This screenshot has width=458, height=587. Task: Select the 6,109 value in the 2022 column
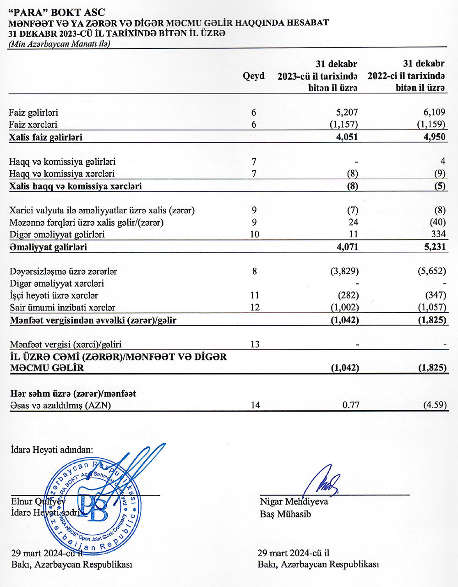tap(435, 112)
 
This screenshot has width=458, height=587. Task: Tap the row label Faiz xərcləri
tap(33, 125)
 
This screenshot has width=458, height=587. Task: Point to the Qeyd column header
tap(253, 76)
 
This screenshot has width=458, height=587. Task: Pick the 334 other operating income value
tap(438, 234)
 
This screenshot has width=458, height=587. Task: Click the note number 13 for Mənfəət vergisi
tap(255, 344)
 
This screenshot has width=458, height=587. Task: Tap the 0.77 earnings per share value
tap(350, 405)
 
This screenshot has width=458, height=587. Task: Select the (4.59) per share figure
tap(434, 405)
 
